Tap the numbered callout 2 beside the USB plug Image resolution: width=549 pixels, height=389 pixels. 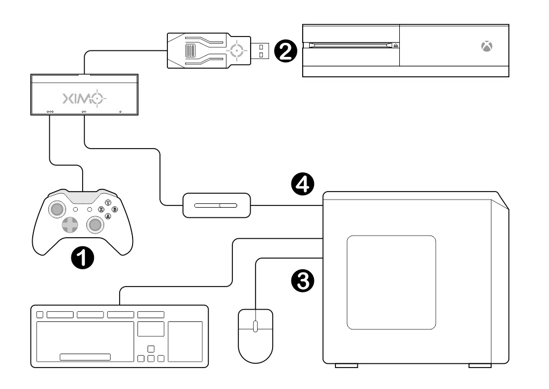[x=284, y=51]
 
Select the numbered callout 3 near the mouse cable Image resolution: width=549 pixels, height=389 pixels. [x=303, y=281]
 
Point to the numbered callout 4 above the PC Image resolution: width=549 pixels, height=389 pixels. [x=303, y=185]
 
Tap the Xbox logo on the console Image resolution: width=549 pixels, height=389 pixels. [x=487, y=47]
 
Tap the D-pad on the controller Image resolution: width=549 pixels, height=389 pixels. [x=69, y=225]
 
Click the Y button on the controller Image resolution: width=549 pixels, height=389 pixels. [x=108, y=203]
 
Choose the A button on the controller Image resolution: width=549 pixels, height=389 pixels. [x=108, y=216]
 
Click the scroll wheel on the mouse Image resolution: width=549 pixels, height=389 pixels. [x=255, y=325]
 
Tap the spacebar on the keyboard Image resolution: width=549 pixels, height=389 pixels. [x=85, y=357]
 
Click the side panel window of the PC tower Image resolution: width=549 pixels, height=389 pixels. [x=391, y=282]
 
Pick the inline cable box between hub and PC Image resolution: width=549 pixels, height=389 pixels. [x=216, y=205]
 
